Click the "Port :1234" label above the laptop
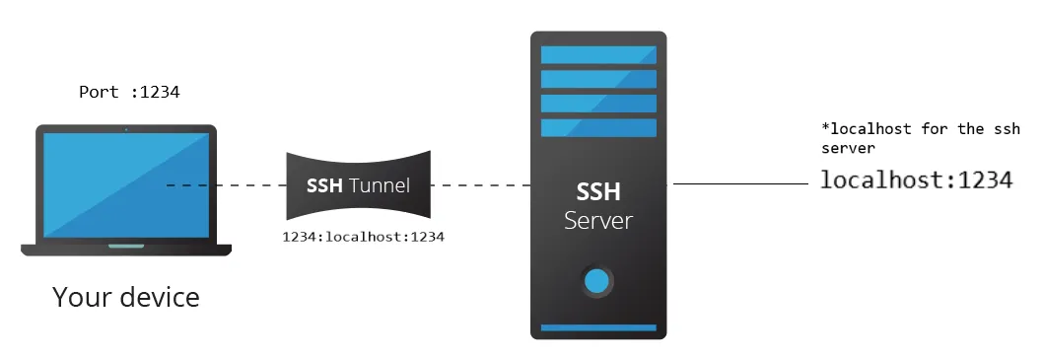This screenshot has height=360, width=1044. point(129,93)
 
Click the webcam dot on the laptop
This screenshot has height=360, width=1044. point(126,129)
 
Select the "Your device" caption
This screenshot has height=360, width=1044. point(126,296)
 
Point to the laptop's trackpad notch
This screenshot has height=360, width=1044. point(125,247)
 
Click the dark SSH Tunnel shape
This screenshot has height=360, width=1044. point(358,184)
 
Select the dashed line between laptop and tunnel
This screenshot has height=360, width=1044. point(227,184)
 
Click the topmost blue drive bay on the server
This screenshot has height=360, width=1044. point(598,54)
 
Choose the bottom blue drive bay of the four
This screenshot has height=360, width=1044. point(598,127)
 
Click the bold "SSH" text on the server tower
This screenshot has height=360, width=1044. point(597,190)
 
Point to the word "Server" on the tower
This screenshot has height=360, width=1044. point(597,219)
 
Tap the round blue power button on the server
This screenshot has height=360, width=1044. point(597,282)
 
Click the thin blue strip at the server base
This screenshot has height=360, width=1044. point(597,327)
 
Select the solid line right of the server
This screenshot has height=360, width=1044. point(739,184)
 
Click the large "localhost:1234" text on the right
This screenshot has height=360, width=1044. point(916,180)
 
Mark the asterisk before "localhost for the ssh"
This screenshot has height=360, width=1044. point(825,128)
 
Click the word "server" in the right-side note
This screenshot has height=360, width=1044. point(849,148)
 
